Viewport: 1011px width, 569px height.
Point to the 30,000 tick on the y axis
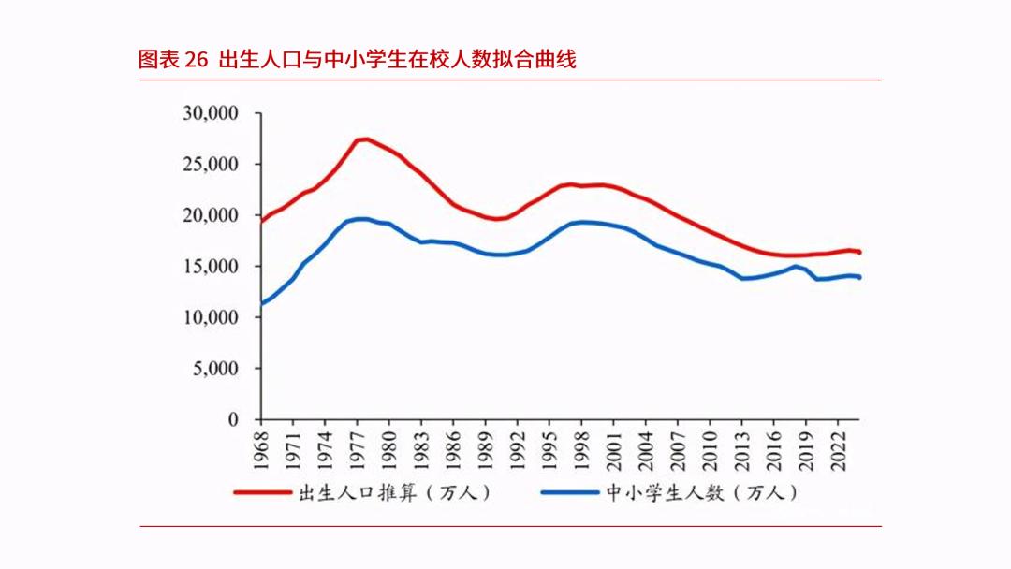(211, 113)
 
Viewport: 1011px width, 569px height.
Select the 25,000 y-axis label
(211, 165)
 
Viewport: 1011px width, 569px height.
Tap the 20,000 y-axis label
(211, 215)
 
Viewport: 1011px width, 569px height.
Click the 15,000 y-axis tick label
(211, 267)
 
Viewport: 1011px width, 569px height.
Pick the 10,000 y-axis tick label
(211, 318)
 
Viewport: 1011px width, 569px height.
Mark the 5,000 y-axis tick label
(214, 369)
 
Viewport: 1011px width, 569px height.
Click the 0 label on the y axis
(234, 420)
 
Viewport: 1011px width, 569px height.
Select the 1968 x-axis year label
(262, 447)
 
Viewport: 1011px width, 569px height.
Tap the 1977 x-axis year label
(358, 447)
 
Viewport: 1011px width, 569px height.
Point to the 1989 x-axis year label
(486, 447)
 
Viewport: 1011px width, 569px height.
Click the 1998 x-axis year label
(582, 447)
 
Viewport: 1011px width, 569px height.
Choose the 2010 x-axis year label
(711, 447)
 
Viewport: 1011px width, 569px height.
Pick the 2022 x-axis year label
(839, 447)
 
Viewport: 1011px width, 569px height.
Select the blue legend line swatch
(568, 491)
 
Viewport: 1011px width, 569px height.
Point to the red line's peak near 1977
(365, 139)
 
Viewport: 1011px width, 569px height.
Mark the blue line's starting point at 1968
(262, 303)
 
